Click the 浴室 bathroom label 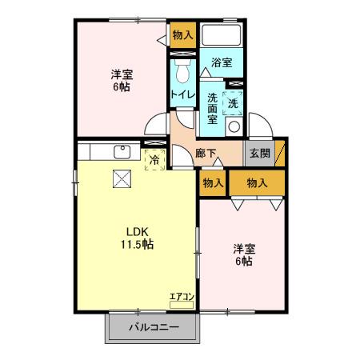coord(221,61)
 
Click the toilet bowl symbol coord(182,71)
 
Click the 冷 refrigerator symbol coord(154,159)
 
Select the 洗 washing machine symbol coord(234,102)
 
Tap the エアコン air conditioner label coord(182,298)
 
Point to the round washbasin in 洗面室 coord(234,126)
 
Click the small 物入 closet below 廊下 coord(212,183)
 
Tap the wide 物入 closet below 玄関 coord(256,183)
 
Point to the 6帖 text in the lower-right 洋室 coord(243,261)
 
